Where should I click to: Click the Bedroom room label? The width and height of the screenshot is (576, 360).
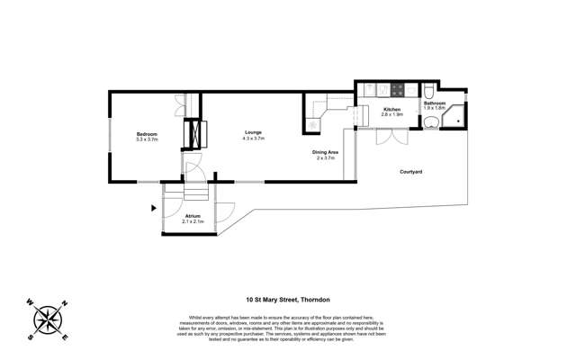coord(146,132)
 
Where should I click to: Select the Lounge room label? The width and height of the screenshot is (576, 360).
coord(253,132)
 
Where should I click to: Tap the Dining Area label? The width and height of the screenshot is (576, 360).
coord(325,152)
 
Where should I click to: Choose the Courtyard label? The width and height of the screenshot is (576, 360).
coord(411,171)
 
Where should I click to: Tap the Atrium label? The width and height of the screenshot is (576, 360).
coord(193,215)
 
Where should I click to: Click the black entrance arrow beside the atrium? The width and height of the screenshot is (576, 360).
coord(154,209)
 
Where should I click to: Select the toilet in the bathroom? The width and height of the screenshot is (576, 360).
coord(432,93)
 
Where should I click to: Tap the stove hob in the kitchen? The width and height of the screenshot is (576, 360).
coord(373,89)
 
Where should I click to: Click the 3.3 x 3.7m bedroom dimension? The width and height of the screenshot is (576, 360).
coord(146,139)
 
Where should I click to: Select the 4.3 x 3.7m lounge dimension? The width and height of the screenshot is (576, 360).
coord(253,139)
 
